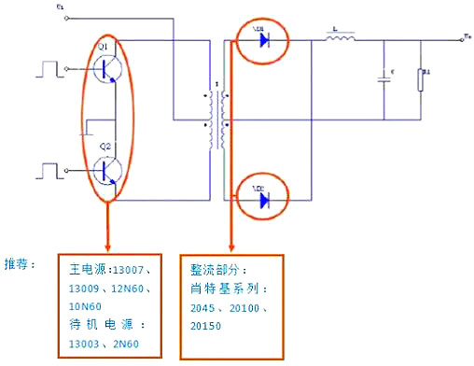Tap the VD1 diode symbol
coord(264,40)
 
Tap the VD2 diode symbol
coord(264,198)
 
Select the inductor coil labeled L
coord(341,39)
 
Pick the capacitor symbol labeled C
coord(383,78)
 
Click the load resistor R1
coord(423,79)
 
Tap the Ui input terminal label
coord(61,8)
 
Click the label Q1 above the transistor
coord(104,45)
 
